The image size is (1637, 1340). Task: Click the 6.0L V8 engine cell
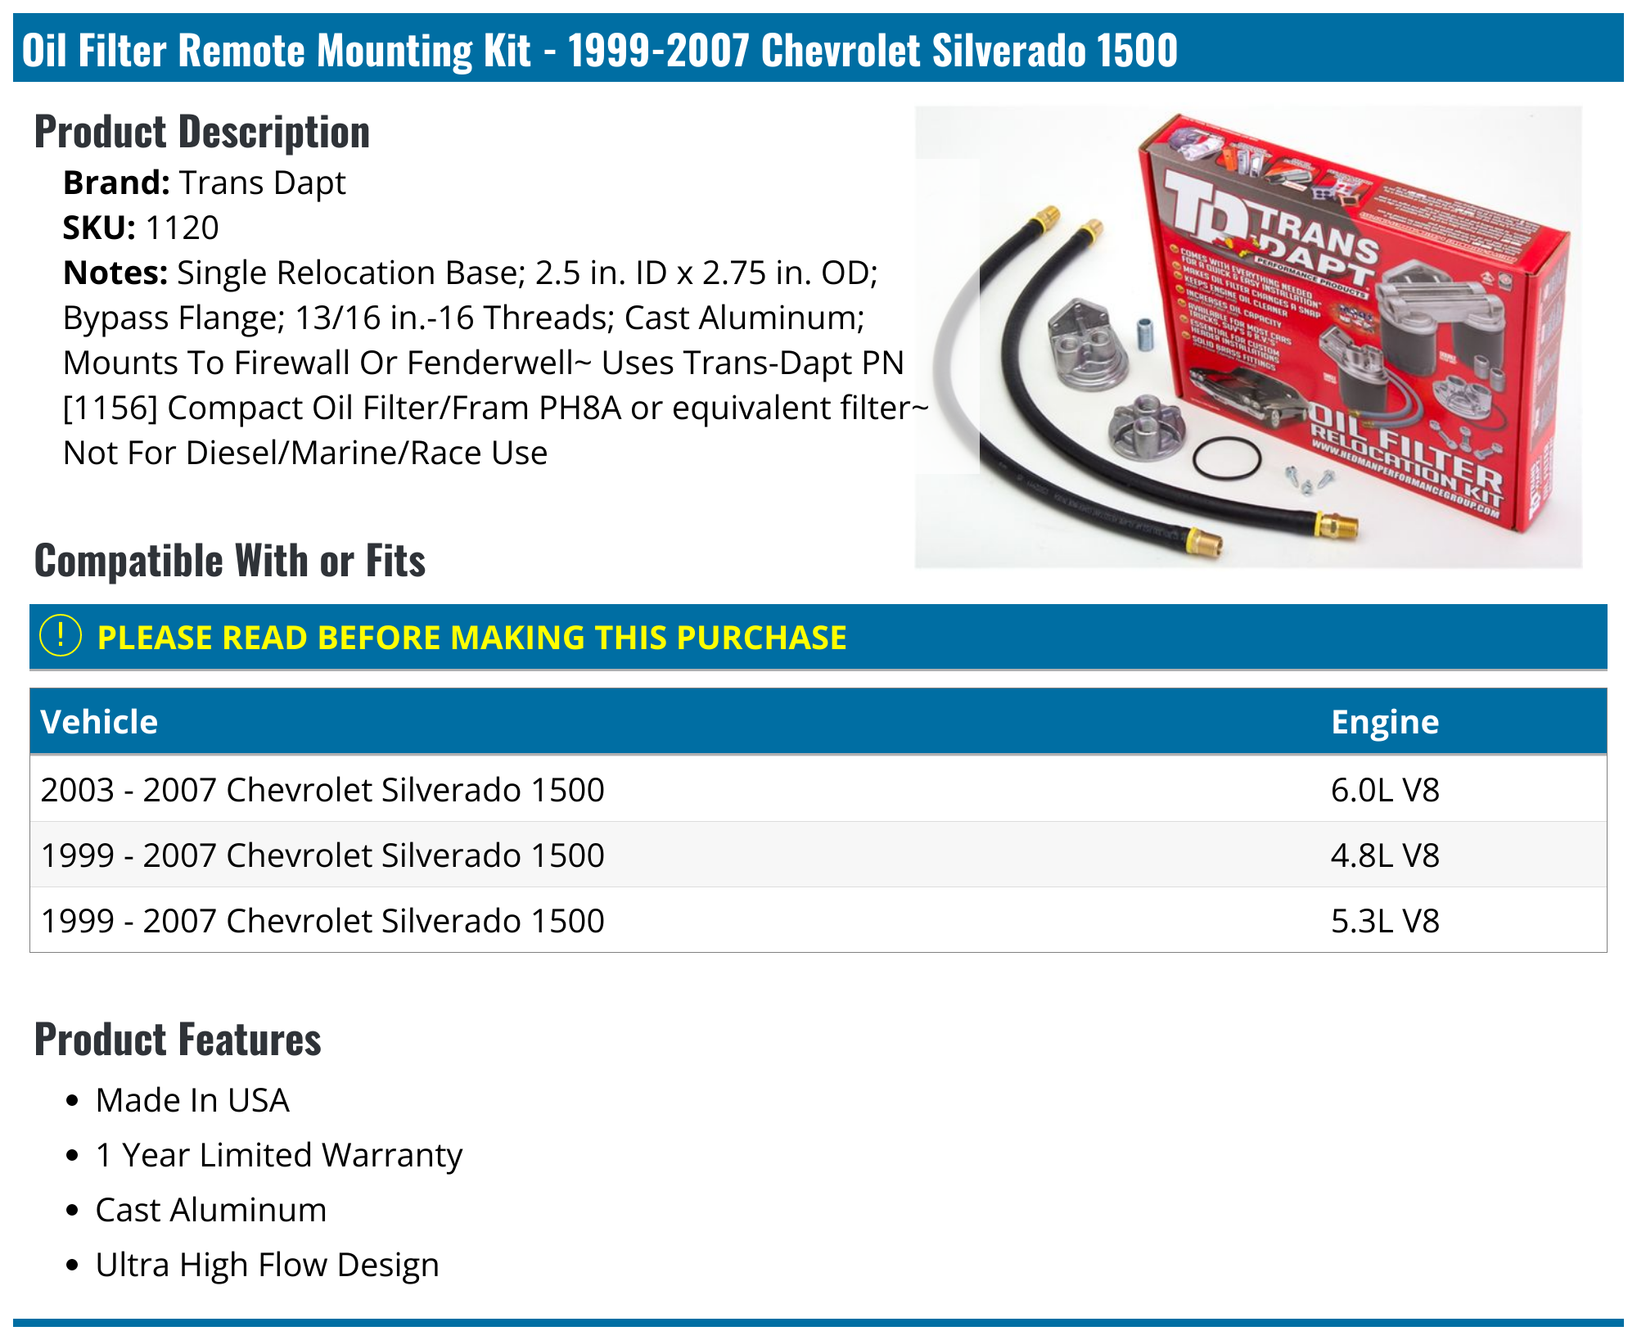point(1384,790)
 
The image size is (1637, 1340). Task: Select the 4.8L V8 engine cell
point(1384,855)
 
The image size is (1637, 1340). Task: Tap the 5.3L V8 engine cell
point(1384,921)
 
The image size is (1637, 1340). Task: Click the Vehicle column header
point(99,722)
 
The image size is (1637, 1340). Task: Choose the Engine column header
point(1384,722)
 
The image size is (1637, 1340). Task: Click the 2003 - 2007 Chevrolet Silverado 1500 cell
point(322,790)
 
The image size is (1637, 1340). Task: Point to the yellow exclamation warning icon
point(61,636)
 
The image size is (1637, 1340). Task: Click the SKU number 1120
point(182,228)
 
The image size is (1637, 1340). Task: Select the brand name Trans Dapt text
point(262,183)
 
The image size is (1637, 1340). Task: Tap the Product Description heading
point(202,132)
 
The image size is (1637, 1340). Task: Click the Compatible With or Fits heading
point(230,561)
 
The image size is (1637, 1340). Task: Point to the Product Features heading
point(178,1040)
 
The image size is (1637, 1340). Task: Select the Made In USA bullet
point(192,1100)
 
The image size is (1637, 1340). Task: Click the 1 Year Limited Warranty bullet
point(278,1155)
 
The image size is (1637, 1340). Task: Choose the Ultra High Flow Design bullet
point(267,1265)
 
